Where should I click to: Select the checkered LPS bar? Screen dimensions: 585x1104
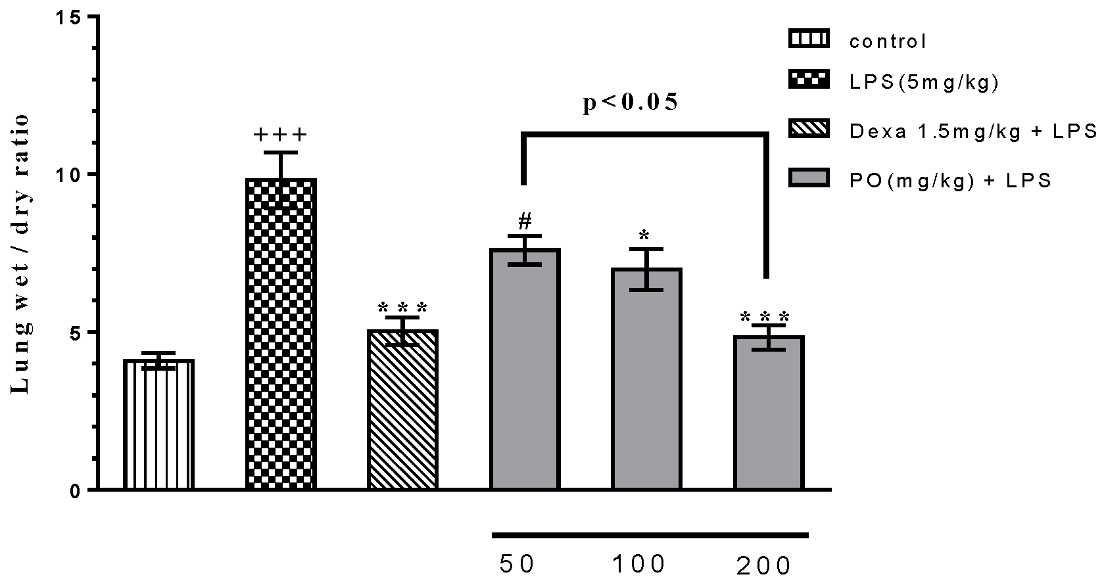[x=281, y=335]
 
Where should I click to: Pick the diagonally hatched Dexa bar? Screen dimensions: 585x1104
[x=402, y=410]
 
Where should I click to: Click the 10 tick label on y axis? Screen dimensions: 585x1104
[x=71, y=174]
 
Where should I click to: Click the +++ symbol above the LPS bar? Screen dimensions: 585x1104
[x=281, y=135]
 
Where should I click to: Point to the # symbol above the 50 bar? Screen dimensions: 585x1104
[x=524, y=220]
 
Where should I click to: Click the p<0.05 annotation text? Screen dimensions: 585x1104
[x=631, y=103]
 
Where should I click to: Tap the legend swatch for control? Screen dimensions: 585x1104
[x=808, y=39]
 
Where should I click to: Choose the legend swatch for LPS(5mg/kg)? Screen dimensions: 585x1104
[x=808, y=80]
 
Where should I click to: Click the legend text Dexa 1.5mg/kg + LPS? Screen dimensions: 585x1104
[x=973, y=131]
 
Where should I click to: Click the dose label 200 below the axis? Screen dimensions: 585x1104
[x=763, y=566]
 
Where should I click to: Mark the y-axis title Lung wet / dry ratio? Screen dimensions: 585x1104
[x=21, y=254]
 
